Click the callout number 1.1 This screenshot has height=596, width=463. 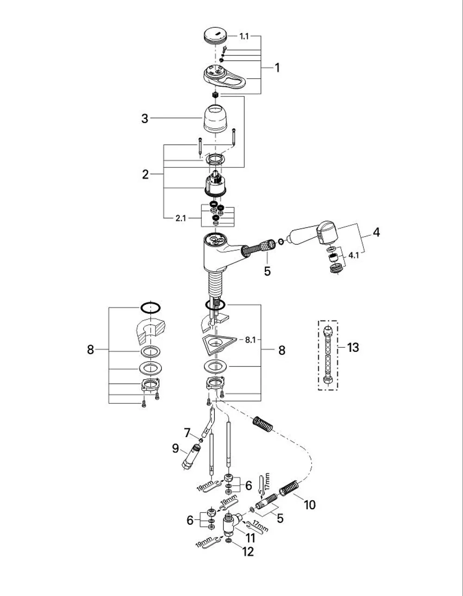pyautogui.click(x=244, y=36)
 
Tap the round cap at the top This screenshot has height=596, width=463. pyautogui.click(x=215, y=36)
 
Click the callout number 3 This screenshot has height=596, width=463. pyautogui.click(x=145, y=119)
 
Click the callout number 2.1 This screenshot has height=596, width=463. pyautogui.click(x=181, y=218)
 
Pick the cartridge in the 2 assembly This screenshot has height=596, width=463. pyautogui.click(x=216, y=184)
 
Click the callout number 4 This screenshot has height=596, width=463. pyautogui.click(x=376, y=232)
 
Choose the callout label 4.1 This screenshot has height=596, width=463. pyautogui.click(x=354, y=255)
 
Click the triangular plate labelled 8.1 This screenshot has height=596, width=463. pyautogui.click(x=219, y=343)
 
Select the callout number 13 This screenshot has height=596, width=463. pyautogui.click(x=353, y=347)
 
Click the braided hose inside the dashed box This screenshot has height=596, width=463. pyautogui.click(x=328, y=356)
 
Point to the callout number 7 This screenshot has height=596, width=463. pyautogui.click(x=187, y=433)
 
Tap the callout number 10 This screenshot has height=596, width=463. pyautogui.click(x=309, y=505)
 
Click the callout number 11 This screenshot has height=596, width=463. pyautogui.click(x=250, y=538)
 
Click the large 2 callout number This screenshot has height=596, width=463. pyautogui.click(x=145, y=175)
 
